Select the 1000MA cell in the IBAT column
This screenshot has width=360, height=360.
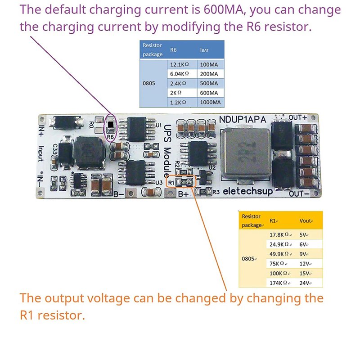click(211, 103)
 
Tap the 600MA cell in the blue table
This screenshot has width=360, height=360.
click(209, 93)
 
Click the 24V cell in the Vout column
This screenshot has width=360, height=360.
click(304, 283)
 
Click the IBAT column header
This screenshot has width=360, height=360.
click(205, 49)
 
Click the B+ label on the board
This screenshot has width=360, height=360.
click(183, 194)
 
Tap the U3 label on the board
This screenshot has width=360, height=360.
click(158, 183)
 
